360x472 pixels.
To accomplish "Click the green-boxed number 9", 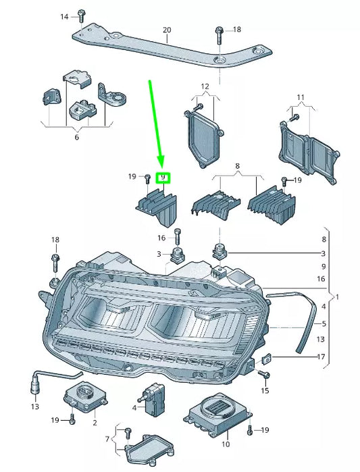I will (163, 178).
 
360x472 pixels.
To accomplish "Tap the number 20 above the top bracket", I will (167, 30).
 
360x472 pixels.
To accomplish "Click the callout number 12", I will (205, 86).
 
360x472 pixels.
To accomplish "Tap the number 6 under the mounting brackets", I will (76, 137).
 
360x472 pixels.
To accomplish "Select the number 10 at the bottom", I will (226, 444).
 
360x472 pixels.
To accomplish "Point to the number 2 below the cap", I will (94, 423).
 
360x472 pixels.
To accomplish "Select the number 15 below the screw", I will (265, 390).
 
